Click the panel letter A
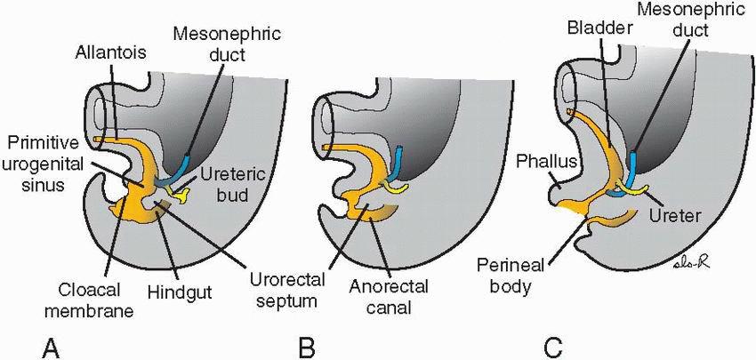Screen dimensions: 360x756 coord(52,345)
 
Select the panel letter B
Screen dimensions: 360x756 coord(308,345)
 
